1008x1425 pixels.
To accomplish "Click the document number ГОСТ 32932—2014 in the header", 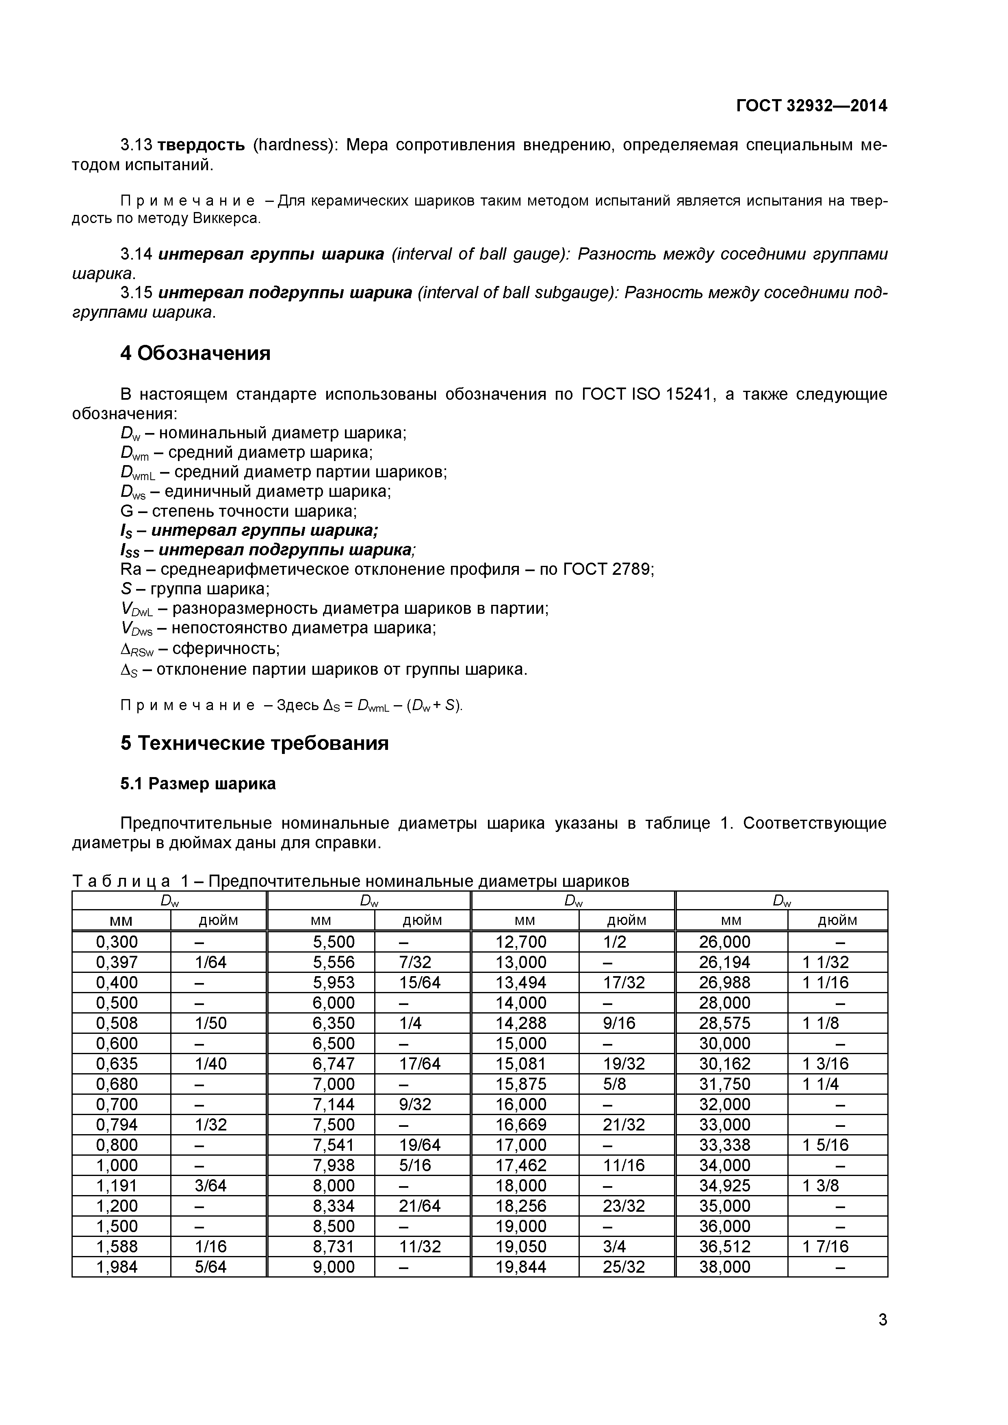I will [811, 106].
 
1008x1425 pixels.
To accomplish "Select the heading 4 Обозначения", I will [195, 353].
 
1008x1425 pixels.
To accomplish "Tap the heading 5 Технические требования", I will [254, 743].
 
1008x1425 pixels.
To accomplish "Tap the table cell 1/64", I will [210, 962].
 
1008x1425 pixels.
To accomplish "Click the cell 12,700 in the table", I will [521, 942].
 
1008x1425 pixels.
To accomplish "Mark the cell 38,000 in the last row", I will [724, 1267].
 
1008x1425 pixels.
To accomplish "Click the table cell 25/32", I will [624, 1267].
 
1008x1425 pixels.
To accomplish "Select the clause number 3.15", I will [136, 293].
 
